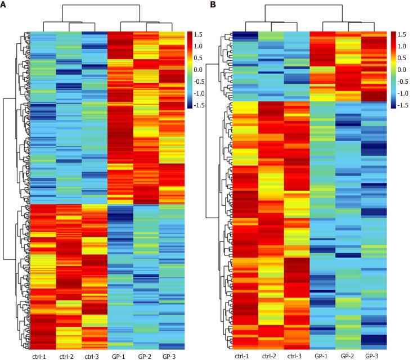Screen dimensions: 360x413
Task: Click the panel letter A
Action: point(5,5)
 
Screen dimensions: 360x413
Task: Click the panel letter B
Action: point(213,5)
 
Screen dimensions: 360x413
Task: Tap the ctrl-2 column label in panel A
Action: point(68,355)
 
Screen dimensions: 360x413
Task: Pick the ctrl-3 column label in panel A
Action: point(94,355)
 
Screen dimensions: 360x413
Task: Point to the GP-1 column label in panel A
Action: point(119,355)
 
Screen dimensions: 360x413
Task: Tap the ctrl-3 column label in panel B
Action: point(297,355)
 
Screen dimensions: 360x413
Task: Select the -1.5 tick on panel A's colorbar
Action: point(201,105)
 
